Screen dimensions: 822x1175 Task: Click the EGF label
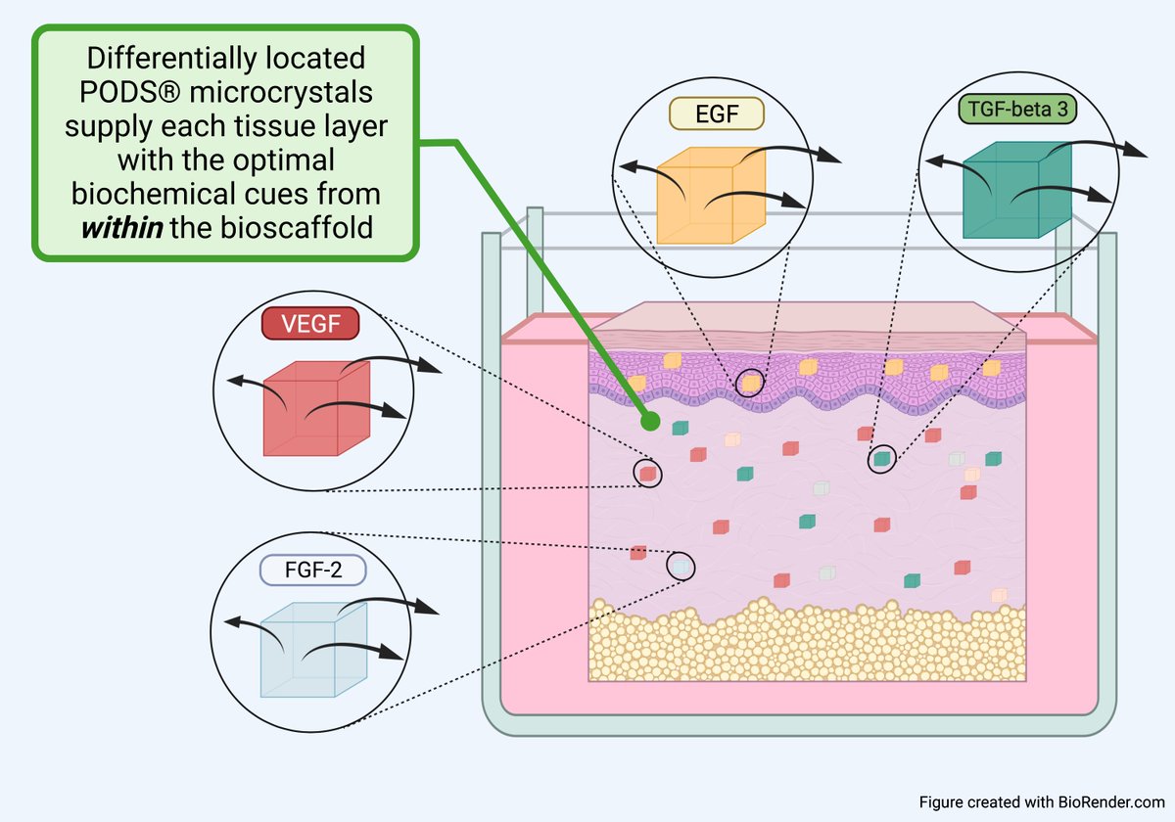(x=716, y=114)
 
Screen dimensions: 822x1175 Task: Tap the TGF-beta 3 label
(x=1016, y=110)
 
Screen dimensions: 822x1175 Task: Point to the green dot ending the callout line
(x=647, y=422)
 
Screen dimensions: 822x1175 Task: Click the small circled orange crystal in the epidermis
(x=750, y=382)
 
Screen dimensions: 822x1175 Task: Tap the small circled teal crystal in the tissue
(x=882, y=457)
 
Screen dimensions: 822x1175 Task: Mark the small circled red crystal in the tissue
(x=647, y=474)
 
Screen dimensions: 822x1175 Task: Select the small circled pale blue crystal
(x=680, y=565)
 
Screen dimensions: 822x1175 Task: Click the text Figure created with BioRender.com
(x=1041, y=801)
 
